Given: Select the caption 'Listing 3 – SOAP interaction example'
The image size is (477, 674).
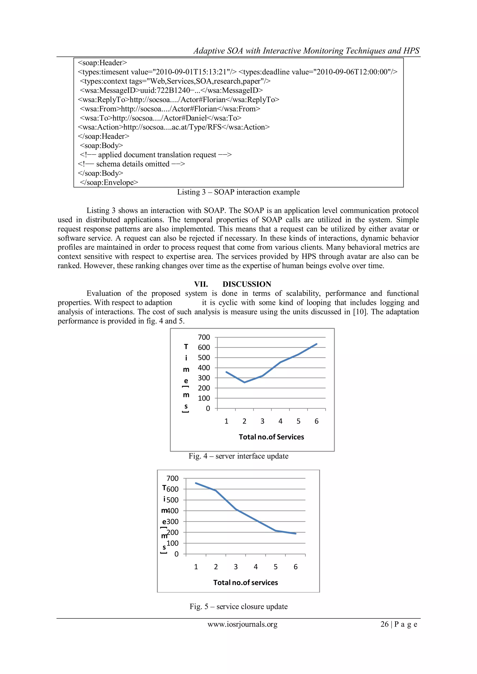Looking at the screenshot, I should pos(238,192).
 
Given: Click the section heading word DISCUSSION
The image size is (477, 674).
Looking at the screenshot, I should pos(247,284).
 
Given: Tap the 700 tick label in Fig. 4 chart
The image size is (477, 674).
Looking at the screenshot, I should pos(204,337).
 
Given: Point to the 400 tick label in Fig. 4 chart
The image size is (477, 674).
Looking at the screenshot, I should pos(204,368).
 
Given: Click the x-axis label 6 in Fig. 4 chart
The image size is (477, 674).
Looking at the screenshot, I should pos(316,421).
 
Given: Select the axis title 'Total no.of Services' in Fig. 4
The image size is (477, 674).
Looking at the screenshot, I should pos(271,437).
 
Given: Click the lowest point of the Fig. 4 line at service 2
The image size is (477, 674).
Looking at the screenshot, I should pos(244,382).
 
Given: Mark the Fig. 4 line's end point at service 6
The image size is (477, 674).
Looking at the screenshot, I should pos(317,344).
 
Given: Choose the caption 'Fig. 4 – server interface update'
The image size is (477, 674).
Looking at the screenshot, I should pos(238,456).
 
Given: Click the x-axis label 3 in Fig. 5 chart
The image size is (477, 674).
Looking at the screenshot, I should pos(235,567).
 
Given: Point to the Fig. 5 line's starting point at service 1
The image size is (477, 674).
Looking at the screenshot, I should pos(196,483).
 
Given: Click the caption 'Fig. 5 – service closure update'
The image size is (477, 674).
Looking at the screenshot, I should pos(238,607).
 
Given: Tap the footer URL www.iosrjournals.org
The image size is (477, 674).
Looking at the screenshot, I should pos(242,624).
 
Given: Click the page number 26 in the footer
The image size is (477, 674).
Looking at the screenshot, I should pos(385,624).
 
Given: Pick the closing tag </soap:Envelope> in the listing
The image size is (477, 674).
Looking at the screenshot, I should pos(109,183).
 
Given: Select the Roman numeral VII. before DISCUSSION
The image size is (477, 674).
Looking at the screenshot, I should pos(201,284).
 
